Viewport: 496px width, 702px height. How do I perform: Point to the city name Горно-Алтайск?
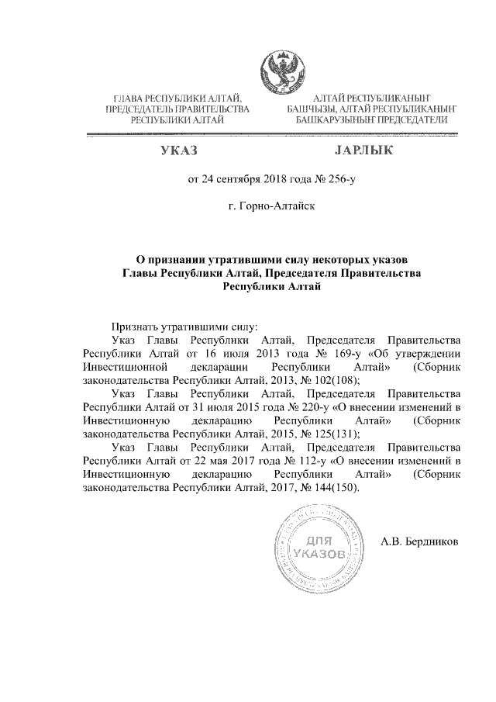pos(271,209)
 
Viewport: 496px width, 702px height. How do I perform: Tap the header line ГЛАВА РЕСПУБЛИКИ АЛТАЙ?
pos(178,99)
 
